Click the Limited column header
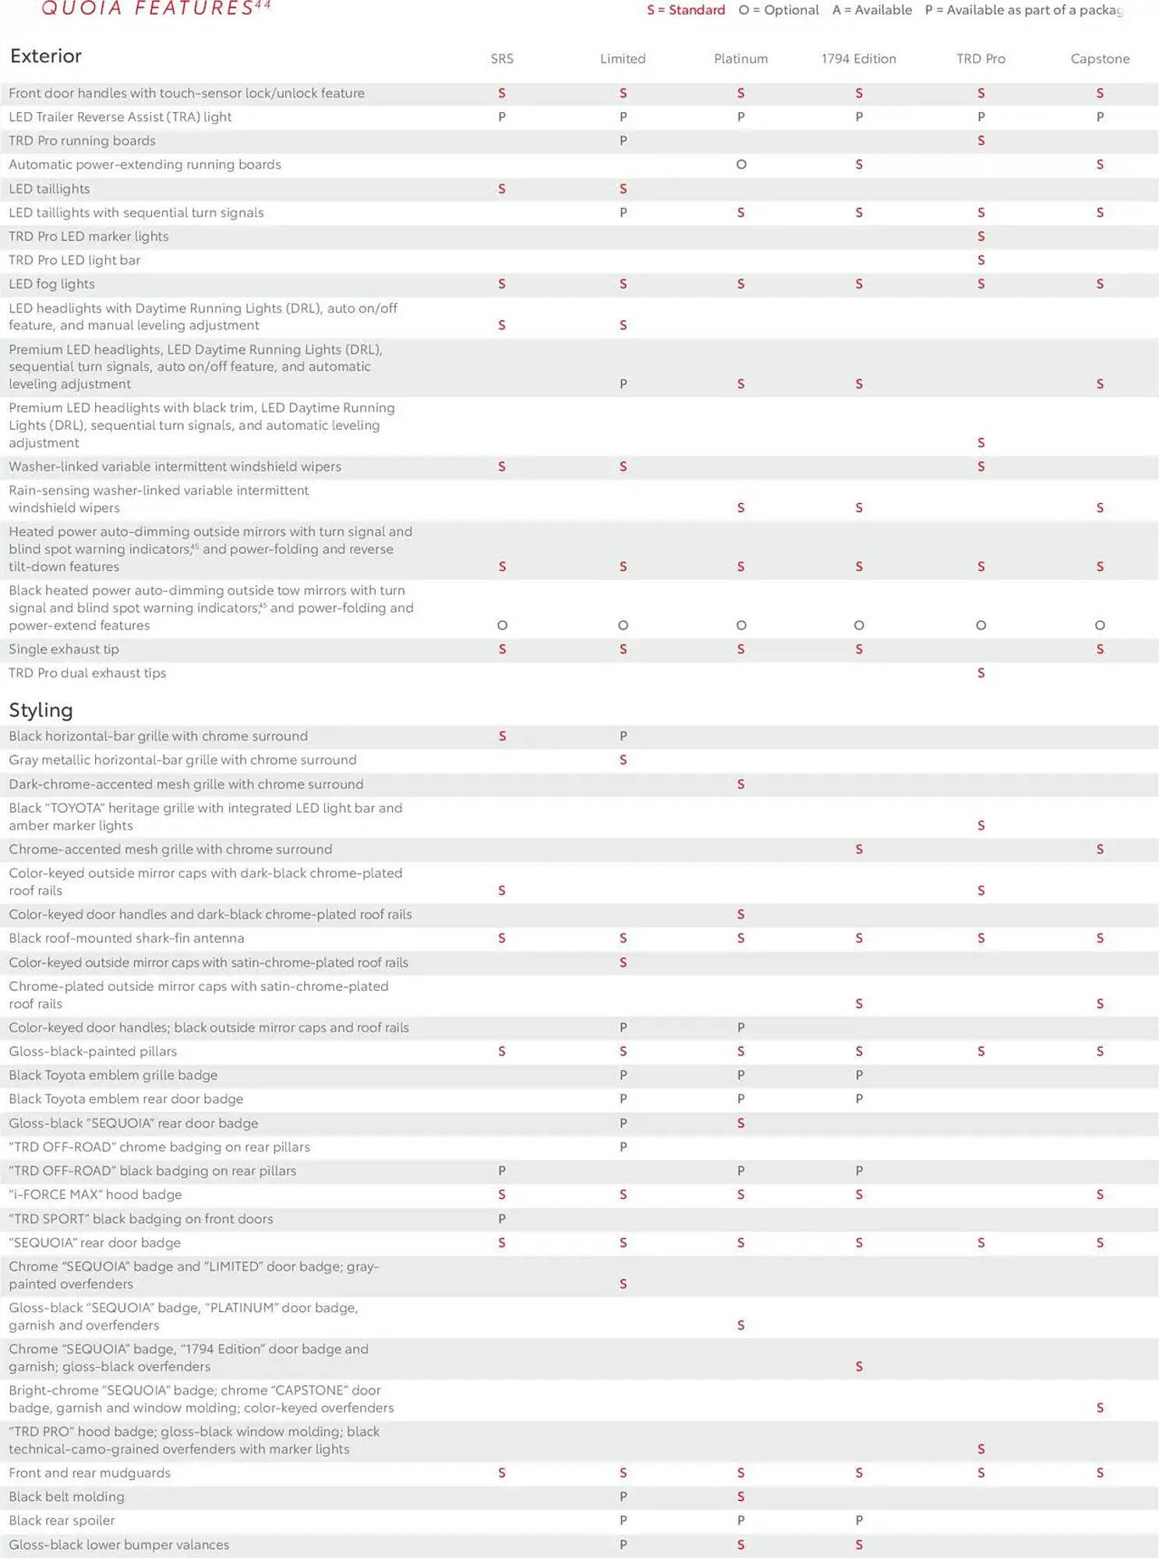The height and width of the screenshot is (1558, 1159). (x=622, y=58)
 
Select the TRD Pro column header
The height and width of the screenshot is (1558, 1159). (x=981, y=58)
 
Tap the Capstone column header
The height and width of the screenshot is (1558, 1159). (x=1100, y=58)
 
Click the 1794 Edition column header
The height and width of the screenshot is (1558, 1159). (x=858, y=58)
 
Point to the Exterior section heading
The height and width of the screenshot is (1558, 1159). (x=46, y=56)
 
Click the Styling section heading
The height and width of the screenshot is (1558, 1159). (x=41, y=710)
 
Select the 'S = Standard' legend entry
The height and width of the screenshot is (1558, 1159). (x=685, y=10)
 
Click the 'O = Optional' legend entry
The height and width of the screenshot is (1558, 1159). (x=778, y=10)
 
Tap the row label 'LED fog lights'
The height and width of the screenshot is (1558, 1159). (x=51, y=284)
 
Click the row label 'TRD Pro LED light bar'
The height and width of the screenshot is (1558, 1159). (x=74, y=260)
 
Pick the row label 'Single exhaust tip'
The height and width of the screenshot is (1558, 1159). (x=64, y=649)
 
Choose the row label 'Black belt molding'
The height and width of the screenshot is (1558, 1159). (x=66, y=1496)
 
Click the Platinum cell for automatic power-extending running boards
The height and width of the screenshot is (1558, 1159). (x=740, y=164)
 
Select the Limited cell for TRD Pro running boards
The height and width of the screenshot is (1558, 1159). (x=623, y=141)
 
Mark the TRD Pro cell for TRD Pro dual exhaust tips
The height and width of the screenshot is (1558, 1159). (x=981, y=673)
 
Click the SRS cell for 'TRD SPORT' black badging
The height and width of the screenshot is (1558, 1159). (x=502, y=1218)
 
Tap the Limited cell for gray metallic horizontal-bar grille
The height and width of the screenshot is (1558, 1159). (x=623, y=760)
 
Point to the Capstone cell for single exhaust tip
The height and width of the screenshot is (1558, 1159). (x=1100, y=649)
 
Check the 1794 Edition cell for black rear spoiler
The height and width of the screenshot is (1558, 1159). (x=858, y=1520)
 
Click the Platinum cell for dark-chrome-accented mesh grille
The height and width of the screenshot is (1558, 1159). (x=740, y=784)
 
